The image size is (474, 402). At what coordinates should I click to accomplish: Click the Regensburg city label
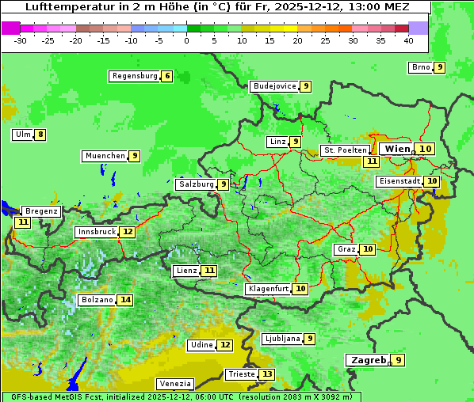point(134,76)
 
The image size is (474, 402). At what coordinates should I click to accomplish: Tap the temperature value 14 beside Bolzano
point(125,300)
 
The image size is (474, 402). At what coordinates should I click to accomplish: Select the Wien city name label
point(397,149)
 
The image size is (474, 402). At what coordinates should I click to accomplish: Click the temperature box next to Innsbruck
point(128,232)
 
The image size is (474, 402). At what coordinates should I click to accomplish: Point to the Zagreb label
point(368,360)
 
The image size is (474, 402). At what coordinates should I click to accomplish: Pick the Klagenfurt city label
point(267,289)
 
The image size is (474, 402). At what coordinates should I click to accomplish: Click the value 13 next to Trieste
point(267,374)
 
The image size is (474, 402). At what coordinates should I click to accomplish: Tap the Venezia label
point(174,384)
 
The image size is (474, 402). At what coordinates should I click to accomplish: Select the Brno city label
point(420,67)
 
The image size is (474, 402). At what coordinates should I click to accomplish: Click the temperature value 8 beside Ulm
point(40,135)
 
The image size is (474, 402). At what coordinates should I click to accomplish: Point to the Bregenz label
point(41,211)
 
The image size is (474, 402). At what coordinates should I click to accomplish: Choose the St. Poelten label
point(345,150)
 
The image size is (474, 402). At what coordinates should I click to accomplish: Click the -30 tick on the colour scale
point(21,40)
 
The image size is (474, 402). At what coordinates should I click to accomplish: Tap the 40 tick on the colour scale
point(408,40)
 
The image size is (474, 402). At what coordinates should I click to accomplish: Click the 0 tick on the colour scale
point(186,40)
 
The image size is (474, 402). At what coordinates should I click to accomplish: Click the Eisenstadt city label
point(399,181)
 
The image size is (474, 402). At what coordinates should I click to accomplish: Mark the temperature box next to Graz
point(368,249)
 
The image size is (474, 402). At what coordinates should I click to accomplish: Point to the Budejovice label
point(274,86)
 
